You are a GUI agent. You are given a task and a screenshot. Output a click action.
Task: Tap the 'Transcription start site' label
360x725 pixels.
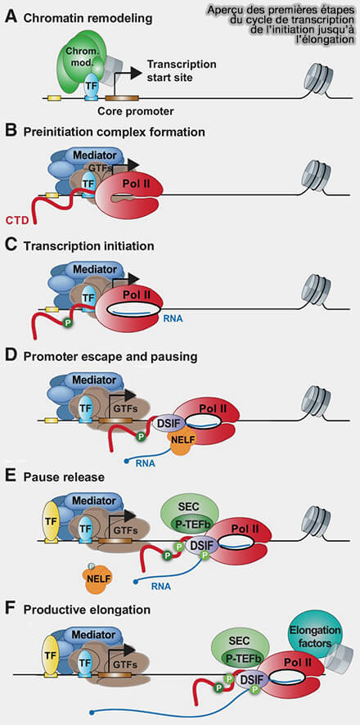tap(181, 70)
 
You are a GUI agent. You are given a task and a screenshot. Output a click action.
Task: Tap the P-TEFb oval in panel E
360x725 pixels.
tap(191, 524)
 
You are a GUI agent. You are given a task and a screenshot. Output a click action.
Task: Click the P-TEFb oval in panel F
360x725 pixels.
tap(242, 659)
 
